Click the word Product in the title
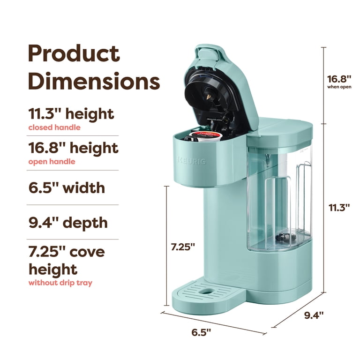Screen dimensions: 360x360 [x=74, y=53]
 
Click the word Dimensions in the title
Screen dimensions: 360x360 [x=94, y=81]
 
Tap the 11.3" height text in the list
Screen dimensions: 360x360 [x=71, y=113]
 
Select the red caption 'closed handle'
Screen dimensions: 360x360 [x=54, y=127]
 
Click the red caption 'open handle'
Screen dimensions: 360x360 [x=52, y=162]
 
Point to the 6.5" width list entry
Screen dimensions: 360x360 [x=67, y=188]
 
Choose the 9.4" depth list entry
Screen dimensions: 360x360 [x=68, y=223]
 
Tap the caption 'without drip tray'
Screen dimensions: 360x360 [x=60, y=283]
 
